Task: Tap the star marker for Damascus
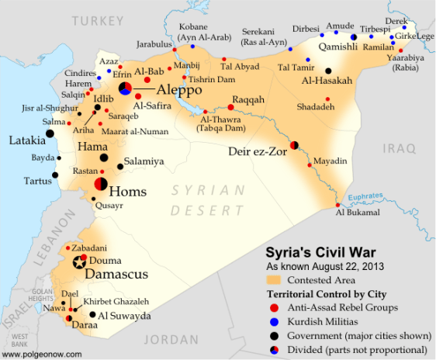coord(79,263)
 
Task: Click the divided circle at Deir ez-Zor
coord(294,144)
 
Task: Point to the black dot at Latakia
coord(50,133)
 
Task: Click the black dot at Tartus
coord(55,175)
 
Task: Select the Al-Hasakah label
coord(327,81)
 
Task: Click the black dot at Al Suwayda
coord(92,315)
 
